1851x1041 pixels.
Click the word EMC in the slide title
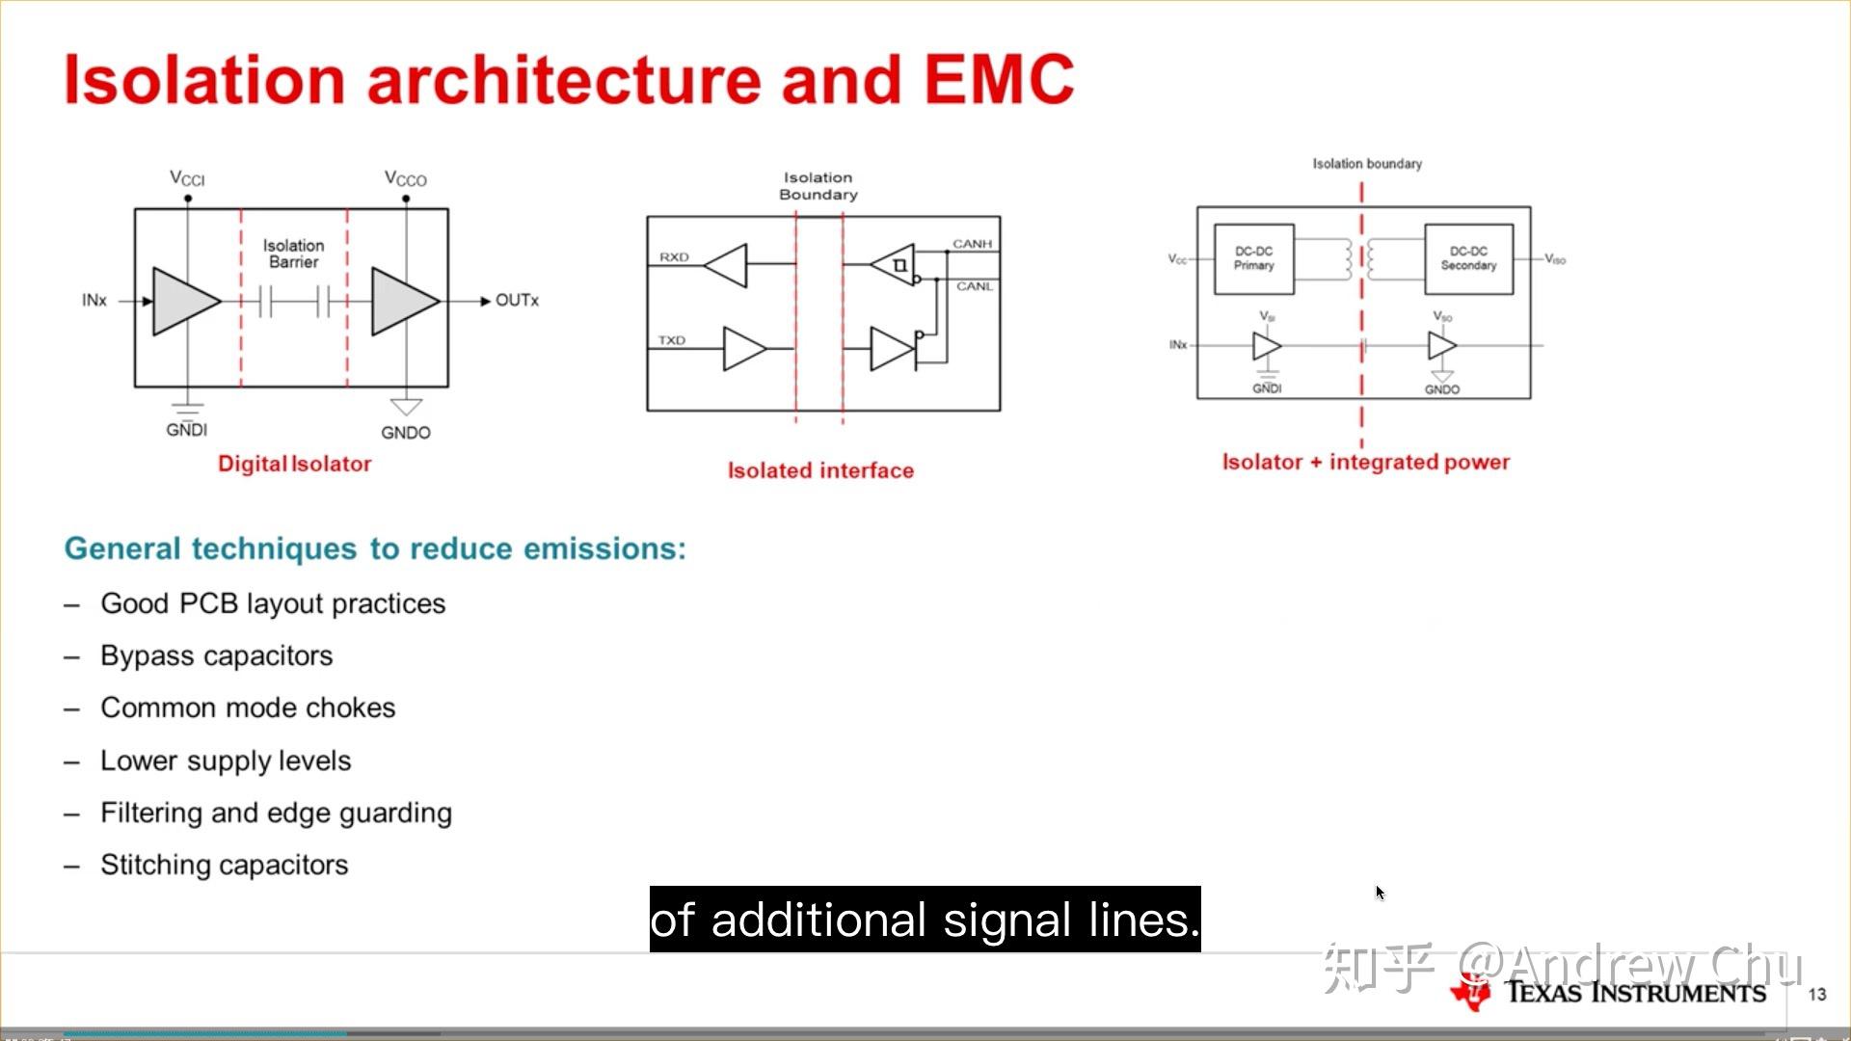click(x=999, y=79)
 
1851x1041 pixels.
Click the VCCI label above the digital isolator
click(x=187, y=178)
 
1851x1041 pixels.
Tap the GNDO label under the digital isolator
click(x=405, y=433)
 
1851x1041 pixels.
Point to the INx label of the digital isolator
click(x=94, y=301)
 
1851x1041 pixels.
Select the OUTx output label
click(x=517, y=301)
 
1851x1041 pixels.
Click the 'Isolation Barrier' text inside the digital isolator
click(x=294, y=254)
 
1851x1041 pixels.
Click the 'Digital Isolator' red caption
click(x=294, y=464)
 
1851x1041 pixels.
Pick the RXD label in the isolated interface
click(x=674, y=257)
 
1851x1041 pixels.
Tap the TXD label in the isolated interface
click(x=672, y=340)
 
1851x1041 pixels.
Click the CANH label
click(x=972, y=244)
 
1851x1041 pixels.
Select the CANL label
click(x=974, y=286)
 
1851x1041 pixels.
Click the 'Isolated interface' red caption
click(x=820, y=470)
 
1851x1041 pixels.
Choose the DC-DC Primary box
click(x=1253, y=258)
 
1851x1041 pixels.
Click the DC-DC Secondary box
click(x=1468, y=258)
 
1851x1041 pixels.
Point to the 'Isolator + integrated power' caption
click(x=1365, y=462)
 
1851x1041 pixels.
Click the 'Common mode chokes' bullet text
click(x=248, y=707)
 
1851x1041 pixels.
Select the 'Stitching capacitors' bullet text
click(x=224, y=865)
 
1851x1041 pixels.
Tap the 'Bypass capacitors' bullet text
click(x=216, y=655)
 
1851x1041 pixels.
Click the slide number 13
click(x=1817, y=994)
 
